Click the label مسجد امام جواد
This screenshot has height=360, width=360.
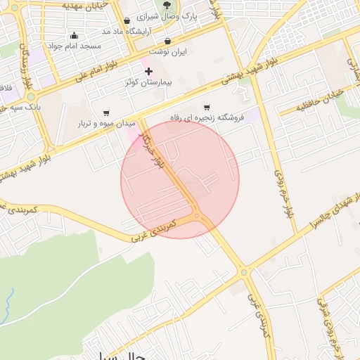[x=75, y=46]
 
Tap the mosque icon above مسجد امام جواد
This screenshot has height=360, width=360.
[x=75, y=36]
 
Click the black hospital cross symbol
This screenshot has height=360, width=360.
[x=148, y=72]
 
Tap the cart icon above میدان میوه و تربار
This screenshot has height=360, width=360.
[x=106, y=112]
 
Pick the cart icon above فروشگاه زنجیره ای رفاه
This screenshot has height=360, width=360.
[x=207, y=107]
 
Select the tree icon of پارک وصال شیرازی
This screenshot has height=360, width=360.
[x=166, y=4]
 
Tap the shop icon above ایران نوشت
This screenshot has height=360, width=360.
[x=167, y=41]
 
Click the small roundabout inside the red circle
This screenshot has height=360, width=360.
[x=197, y=215]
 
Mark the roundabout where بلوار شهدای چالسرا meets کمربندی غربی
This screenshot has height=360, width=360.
[x=243, y=271]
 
